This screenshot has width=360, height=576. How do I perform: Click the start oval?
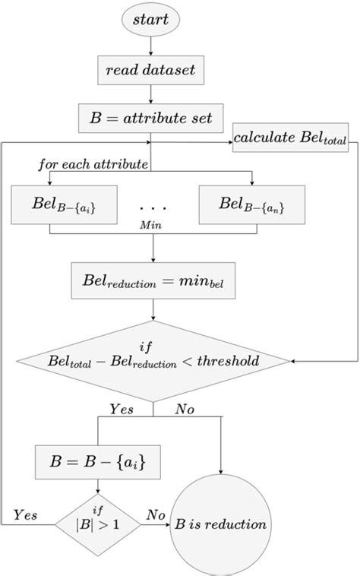point(153,17)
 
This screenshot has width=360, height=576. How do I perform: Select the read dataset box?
point(153,71)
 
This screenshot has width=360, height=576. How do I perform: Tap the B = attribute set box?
point(153,118)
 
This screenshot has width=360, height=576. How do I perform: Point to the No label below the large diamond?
point(185,410)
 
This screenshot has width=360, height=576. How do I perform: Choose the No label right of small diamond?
point(156,516)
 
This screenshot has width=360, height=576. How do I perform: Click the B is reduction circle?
point(221,524)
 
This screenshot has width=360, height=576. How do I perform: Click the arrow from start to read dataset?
point(153,46)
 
